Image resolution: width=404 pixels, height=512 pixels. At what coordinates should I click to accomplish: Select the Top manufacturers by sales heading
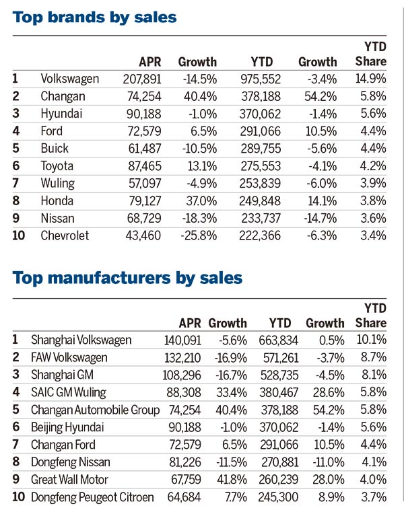[127, 277]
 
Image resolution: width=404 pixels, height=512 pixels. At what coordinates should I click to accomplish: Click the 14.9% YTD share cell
[372, 79]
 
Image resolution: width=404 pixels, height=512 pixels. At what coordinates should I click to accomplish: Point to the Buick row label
[55, 149]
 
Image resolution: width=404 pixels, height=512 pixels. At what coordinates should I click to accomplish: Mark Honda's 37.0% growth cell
[200, 201]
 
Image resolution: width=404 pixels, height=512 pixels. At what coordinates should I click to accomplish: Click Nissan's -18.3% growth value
[197, 219]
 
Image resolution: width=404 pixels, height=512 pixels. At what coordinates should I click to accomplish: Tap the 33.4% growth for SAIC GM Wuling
[230, 392]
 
